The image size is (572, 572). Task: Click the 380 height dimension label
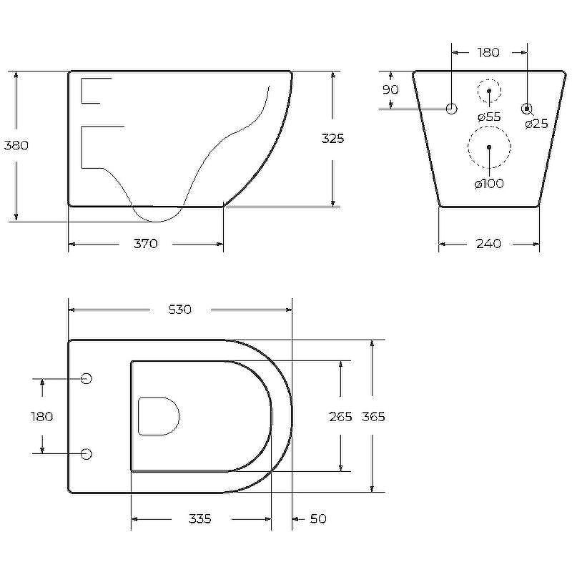tap(16, 145)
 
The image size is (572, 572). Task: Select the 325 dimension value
tap(332, 139)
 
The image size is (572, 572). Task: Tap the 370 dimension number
tap(146, 243)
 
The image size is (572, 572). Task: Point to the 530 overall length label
tap(180, 310)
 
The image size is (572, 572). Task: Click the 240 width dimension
tap(488, 243)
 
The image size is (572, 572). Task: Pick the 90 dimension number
tap(390, 89)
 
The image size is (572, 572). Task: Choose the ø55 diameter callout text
tap(489, 117)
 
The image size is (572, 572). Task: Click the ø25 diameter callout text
tap(537, 124)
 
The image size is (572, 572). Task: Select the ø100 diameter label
tap(489, 184)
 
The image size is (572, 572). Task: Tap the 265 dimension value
tap(340, 417)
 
